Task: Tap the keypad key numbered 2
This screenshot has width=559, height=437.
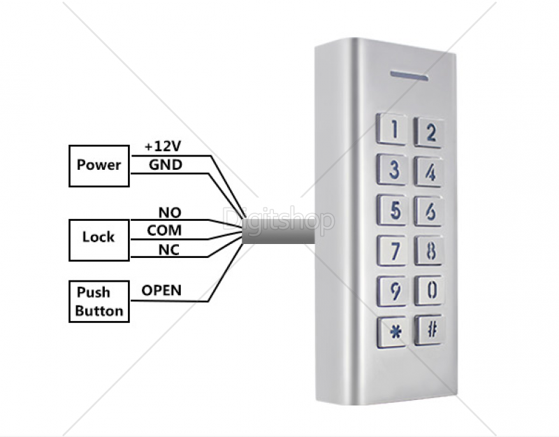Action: pos(430,132)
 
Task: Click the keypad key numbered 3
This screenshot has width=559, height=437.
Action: pos(393,169)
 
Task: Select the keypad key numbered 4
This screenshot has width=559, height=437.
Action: pos(430,171)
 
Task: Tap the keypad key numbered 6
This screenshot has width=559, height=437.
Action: pos(430,210)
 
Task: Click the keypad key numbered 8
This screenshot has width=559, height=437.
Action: pos(430,250)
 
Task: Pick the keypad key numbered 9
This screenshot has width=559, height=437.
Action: pos(393,289)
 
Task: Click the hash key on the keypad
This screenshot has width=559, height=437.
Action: pos(430,330)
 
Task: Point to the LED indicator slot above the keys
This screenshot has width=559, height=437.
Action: pos(409,73)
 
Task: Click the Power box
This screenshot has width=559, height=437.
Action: pos(99,166)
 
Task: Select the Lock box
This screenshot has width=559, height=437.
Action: pos(99,237)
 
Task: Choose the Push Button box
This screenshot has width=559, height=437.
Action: pos(99,301)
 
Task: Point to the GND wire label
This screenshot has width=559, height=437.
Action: pos(166,165)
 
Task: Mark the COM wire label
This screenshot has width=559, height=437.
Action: pos(164,230)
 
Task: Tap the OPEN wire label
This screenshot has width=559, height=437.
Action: pos(161,290)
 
